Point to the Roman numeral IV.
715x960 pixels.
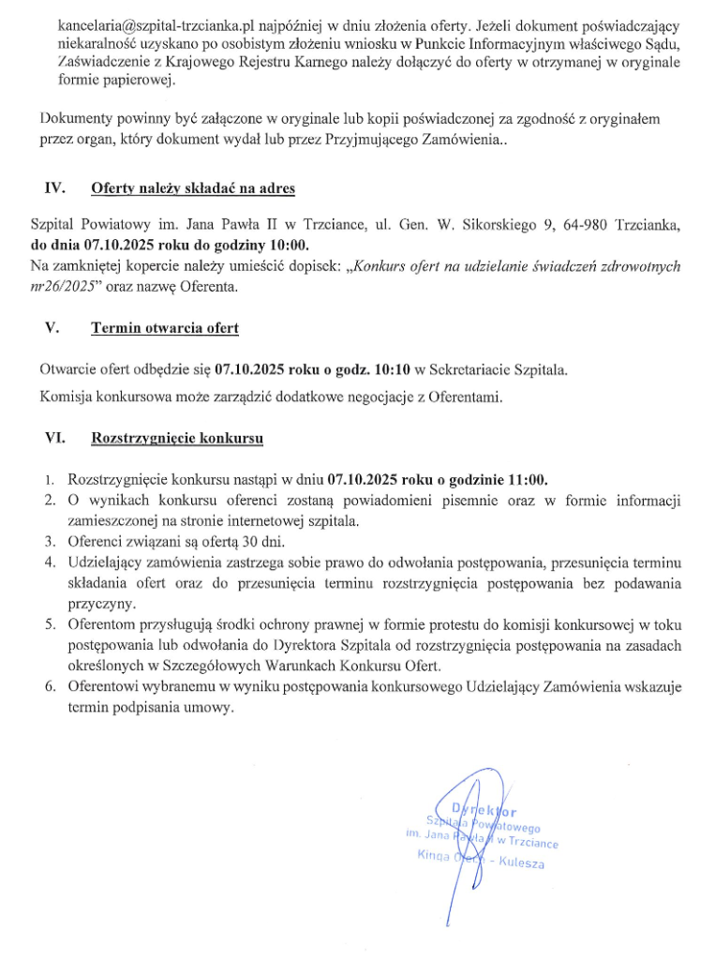53,188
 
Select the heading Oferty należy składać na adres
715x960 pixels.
192,188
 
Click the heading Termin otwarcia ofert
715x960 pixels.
164,328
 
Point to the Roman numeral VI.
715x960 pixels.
54,438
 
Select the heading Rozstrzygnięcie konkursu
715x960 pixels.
177,438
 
